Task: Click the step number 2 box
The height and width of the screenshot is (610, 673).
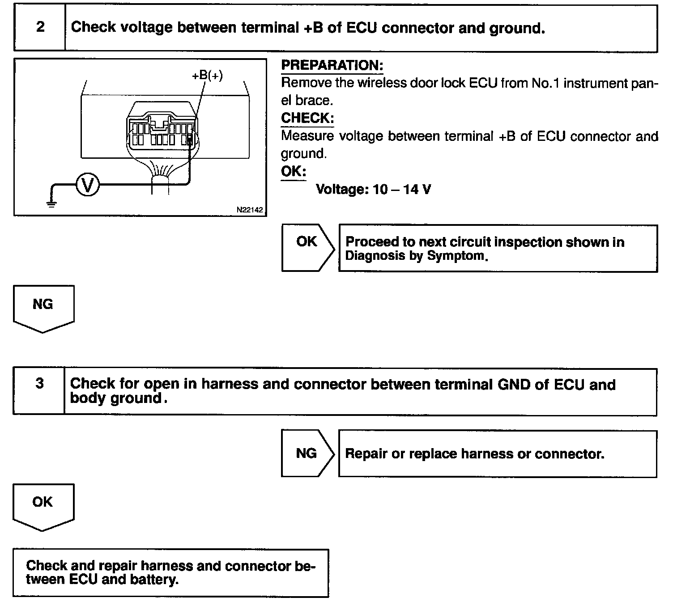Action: point(40,27)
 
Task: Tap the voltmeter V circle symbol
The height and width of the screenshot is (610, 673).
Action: point(88,185)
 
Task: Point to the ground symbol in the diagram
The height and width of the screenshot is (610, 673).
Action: point(52,204)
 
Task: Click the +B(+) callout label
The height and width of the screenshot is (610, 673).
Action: point(207,76)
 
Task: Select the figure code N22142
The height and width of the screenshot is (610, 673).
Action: point(250,209)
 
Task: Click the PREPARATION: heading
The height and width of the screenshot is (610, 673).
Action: point(332,65)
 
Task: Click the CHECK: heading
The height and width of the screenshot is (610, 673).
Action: point(307,118)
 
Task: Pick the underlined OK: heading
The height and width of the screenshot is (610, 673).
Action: point(293,171)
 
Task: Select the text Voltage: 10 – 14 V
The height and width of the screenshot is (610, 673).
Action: point(373,190)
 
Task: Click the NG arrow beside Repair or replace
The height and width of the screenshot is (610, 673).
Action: point(307,453)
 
